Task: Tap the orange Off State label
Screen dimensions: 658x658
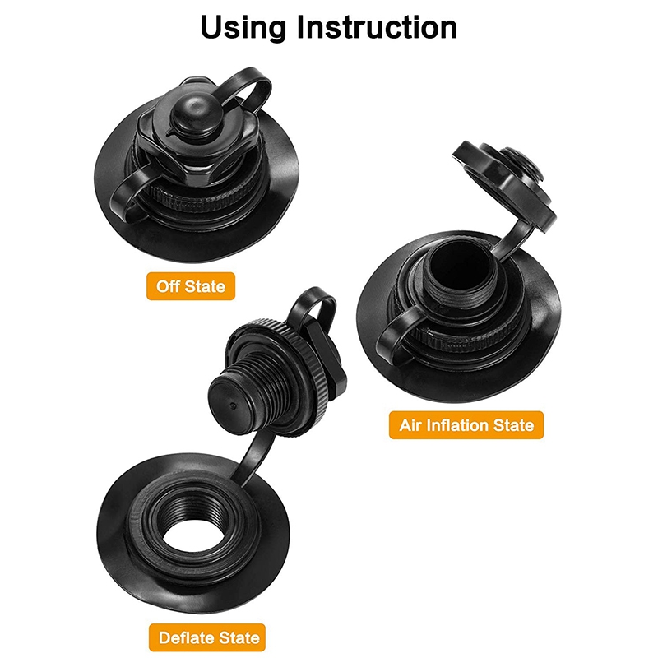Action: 192,286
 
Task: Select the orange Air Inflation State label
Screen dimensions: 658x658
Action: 466,425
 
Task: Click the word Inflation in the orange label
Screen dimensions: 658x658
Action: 466,425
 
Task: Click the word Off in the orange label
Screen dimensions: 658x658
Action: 169,286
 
